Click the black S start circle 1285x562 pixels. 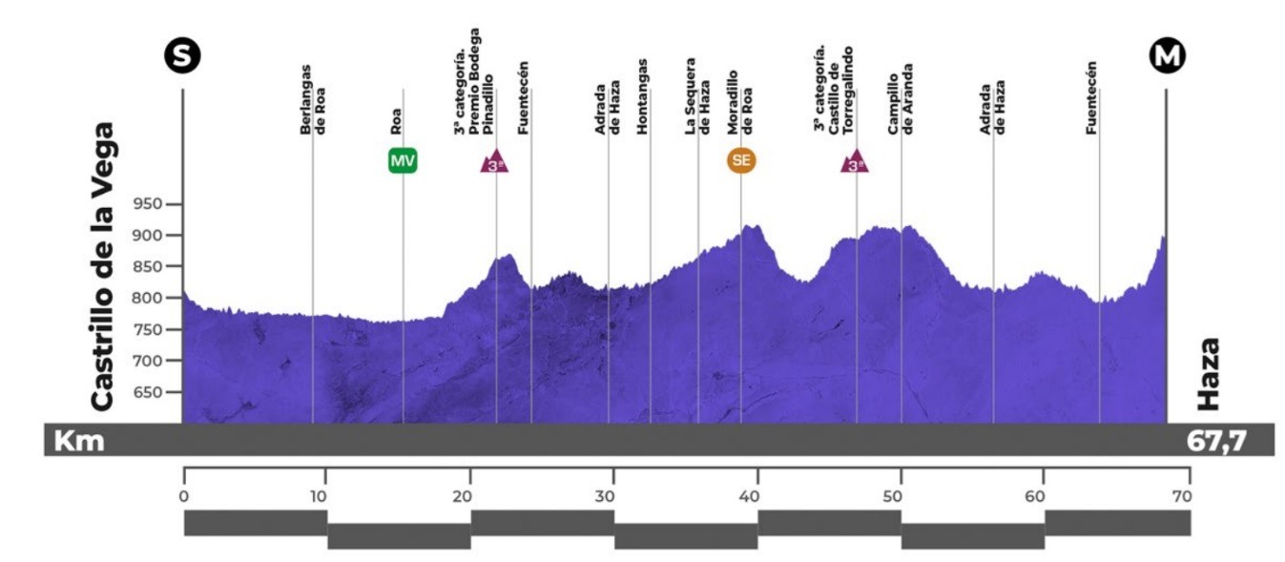pos(182,57)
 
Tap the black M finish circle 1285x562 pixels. pos(1166,57)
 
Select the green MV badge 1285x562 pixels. pos(403,161)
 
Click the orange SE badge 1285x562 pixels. pos(741,161)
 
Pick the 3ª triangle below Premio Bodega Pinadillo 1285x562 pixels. pos(494,162)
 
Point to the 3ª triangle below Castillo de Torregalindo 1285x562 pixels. pos(855,162)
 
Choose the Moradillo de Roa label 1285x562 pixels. pos(740,104)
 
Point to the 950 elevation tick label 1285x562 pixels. pos(153,204)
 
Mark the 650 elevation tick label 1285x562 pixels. pos(153,392)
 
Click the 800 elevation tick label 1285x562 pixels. pos(153,299)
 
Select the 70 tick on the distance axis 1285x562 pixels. pos(1183,495)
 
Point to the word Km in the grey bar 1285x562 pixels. pos(78,441)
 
